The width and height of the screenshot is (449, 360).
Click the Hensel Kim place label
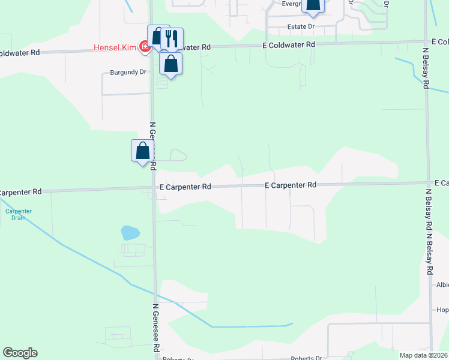(x=115, y=47)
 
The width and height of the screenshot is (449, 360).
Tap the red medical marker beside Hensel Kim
(x=144, y=47)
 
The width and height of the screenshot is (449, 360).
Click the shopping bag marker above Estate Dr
(x=313, y=5)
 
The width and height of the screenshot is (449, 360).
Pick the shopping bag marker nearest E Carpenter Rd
(x=142, y=150)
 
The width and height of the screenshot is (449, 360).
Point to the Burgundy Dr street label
(x=128, y=72)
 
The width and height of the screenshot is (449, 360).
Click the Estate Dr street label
(x=301, y=27)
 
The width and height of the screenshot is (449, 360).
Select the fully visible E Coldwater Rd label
(x=288, y=45)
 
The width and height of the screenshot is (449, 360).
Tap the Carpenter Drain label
(x=19, y=214)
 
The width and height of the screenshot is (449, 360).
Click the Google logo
(x=20, y=353)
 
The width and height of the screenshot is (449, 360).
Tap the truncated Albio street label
(x=442, y=285)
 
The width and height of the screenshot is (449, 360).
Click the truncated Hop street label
(x=442, y=310)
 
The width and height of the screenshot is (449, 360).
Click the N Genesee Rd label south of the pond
(x=155, y=328)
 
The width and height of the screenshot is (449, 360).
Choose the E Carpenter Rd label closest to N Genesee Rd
(x=185, y=187)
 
